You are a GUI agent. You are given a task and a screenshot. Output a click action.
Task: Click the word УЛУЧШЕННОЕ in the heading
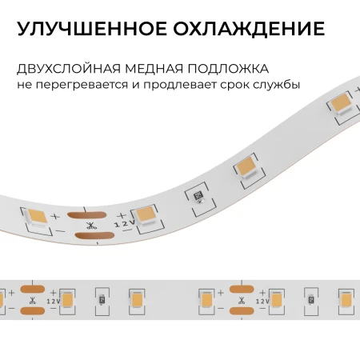92,28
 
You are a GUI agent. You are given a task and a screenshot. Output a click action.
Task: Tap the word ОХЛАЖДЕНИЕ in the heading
249,30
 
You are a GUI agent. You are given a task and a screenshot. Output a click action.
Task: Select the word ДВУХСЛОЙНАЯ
69,69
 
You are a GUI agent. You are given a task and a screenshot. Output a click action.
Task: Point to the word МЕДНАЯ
154,69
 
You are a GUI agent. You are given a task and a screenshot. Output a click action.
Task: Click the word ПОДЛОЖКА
228,69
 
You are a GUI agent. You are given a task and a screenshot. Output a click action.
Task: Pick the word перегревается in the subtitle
82,86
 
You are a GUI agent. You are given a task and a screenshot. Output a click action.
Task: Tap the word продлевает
180,86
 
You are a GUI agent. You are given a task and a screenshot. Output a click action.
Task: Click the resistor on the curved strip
199,198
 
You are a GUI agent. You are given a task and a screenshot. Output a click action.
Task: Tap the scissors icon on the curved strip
91,226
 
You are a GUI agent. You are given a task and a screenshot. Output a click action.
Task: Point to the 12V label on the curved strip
124,223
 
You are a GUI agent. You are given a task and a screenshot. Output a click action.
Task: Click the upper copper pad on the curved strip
86,215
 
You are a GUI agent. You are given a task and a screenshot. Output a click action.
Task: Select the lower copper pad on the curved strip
94,236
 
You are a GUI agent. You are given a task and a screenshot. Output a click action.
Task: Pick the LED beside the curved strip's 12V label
146,217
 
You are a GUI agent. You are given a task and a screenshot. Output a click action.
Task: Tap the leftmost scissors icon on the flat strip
33,301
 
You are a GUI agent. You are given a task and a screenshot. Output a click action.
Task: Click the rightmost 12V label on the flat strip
262,301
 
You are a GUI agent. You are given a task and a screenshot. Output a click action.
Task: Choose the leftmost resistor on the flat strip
102,300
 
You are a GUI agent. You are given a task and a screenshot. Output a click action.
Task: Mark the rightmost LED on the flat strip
346,301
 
